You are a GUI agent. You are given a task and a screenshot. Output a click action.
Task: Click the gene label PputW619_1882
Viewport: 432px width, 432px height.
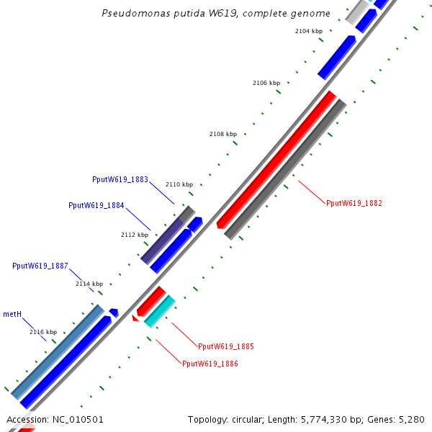tap(354, 203)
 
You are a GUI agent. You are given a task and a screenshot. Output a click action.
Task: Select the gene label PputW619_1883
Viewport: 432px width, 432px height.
tap(120, 179)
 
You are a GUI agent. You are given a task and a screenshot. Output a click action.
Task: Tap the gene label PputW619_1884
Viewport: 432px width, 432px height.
tap(96, 205)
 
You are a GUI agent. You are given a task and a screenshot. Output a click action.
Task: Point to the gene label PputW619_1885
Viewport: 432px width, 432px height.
tap(225, 346)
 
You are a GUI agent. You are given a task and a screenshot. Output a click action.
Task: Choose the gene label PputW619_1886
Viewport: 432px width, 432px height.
tap(210, 364)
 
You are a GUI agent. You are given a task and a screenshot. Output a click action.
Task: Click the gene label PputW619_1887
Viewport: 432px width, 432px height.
tap(40, 266)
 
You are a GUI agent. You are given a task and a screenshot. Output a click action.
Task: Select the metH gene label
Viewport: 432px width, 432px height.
tap(12, 314)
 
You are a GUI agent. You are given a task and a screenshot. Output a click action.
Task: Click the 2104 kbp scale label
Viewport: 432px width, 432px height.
tap(309, 31)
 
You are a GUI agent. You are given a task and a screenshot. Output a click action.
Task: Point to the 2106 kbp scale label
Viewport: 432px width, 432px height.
tap(266, 83)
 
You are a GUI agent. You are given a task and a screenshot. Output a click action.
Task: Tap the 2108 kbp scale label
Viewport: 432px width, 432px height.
tap(222, 134)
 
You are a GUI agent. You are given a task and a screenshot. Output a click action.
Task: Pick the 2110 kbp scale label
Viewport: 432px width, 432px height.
tap(179, 184)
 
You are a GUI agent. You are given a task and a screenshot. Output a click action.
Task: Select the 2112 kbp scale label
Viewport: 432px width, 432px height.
tap(134, 235)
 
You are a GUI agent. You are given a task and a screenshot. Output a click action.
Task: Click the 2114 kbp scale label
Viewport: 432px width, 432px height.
tap(89, 284)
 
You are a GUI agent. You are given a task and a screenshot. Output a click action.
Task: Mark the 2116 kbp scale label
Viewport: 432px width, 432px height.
tap(42, 332)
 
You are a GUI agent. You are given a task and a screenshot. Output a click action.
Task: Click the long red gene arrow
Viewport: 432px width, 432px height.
tap(277, 159)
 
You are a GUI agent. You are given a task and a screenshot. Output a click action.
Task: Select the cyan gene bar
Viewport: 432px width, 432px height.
tap(160, 311)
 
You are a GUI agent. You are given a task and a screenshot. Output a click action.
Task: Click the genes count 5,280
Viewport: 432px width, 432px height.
tap(413, 419)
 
